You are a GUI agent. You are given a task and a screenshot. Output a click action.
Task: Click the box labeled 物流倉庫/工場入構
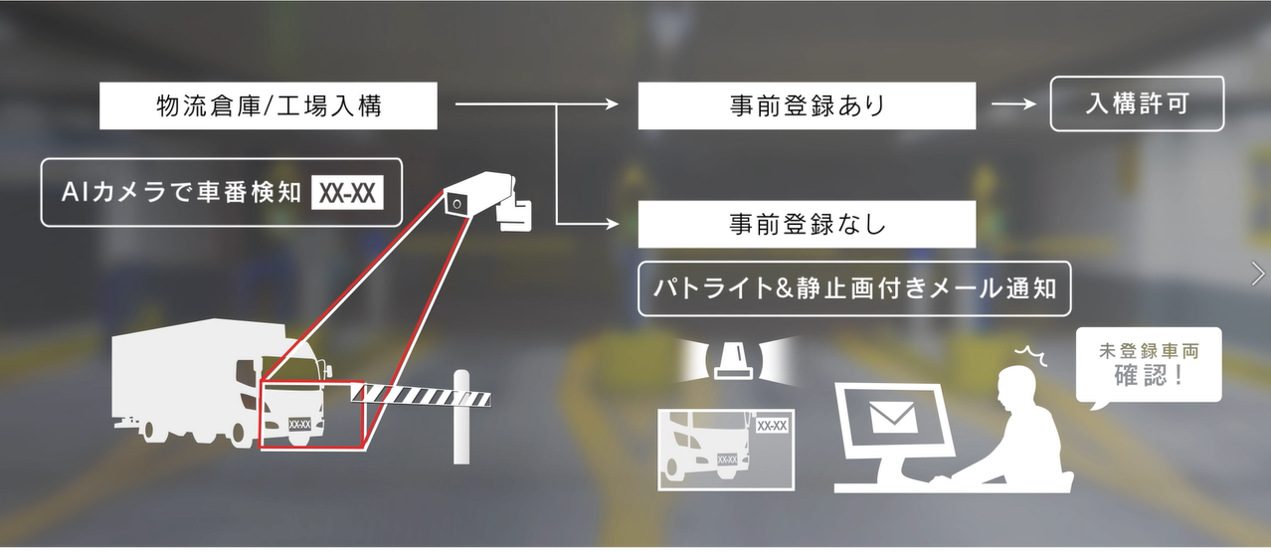click(x=269, y=106)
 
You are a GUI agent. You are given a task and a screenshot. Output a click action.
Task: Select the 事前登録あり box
click(x=807, y=106)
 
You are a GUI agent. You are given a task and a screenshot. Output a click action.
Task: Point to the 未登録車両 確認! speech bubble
click(x=1148, y=365)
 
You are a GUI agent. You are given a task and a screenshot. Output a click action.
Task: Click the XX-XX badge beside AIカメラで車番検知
click(x=347, y=194)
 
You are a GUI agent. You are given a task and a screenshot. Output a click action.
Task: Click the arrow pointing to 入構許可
click(x=1015, y=104)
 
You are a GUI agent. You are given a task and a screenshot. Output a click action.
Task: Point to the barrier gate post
click(x=460, y=418)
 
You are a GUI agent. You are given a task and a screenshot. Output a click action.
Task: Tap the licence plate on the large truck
click(x=299, y=424)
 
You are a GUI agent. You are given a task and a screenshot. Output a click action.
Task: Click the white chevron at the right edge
click(x=1258, y=274)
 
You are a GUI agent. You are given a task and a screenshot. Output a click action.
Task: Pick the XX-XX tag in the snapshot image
click(x=772, y=426)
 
